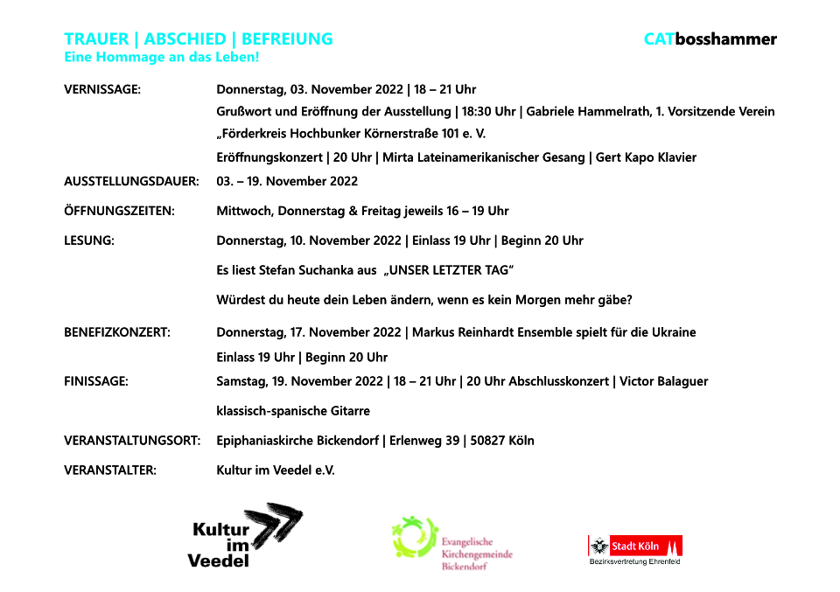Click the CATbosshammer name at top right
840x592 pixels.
pyautogui.click(x=710, y=39)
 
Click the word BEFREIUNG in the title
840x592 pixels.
pyautogui.click(x=287, y=39)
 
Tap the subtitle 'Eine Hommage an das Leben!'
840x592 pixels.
pyautogui.click(x=162, y=58)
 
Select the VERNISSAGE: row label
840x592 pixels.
pyautogui.click(x=102, y=89)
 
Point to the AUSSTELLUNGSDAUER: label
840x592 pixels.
pyautogui.click(x=131, y=182)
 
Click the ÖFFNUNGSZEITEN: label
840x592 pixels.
pyautogui.click(x=119, y=211)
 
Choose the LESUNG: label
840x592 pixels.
pyautogui.click(x=89, y=240)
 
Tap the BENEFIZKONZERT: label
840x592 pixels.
pyautogui.click(x=117, y=332)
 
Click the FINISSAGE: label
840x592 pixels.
pyautogui.click(x=96, y=381)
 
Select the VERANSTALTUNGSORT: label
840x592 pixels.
pyautogui.click(x=132, y=441)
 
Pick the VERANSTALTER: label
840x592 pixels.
pyautogui.click(x=110, y=470)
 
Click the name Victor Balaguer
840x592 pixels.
pyautogui.click(x=663, y=381)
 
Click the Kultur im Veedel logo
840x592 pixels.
pyautogui.click(x=245, y=535)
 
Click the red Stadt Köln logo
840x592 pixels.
pyautogui.click(x=634, y=547)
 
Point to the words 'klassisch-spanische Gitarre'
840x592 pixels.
pyautogui.click(x=293, y=411)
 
